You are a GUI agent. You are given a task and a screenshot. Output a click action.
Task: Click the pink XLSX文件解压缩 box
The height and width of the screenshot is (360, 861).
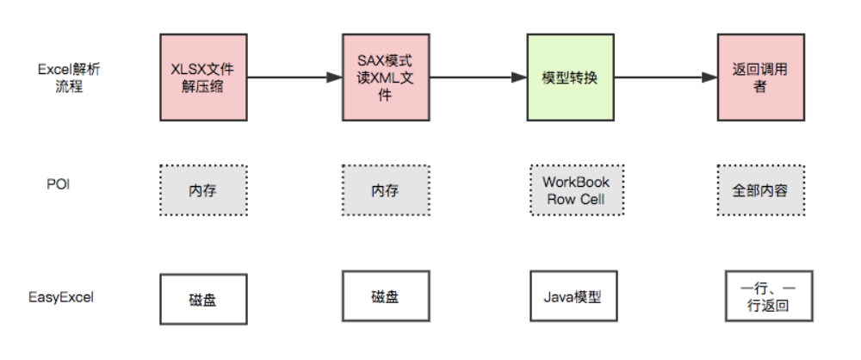(203, 78)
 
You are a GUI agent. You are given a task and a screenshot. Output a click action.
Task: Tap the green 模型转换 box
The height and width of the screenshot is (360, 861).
(569, 78)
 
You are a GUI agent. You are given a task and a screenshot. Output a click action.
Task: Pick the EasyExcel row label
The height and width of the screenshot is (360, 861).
(60, 297)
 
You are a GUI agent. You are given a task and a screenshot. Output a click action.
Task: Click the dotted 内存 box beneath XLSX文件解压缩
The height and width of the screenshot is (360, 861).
(203, 190)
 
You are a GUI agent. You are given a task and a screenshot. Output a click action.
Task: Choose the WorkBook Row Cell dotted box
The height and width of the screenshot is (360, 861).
(575, 190)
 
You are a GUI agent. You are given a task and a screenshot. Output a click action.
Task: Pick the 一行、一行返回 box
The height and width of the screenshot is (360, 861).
(759, 298)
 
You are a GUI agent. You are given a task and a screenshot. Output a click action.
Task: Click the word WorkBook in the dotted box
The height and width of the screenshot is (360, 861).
(575, 182)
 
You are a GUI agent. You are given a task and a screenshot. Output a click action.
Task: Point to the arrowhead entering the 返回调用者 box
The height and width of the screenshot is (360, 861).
(711, 78)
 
